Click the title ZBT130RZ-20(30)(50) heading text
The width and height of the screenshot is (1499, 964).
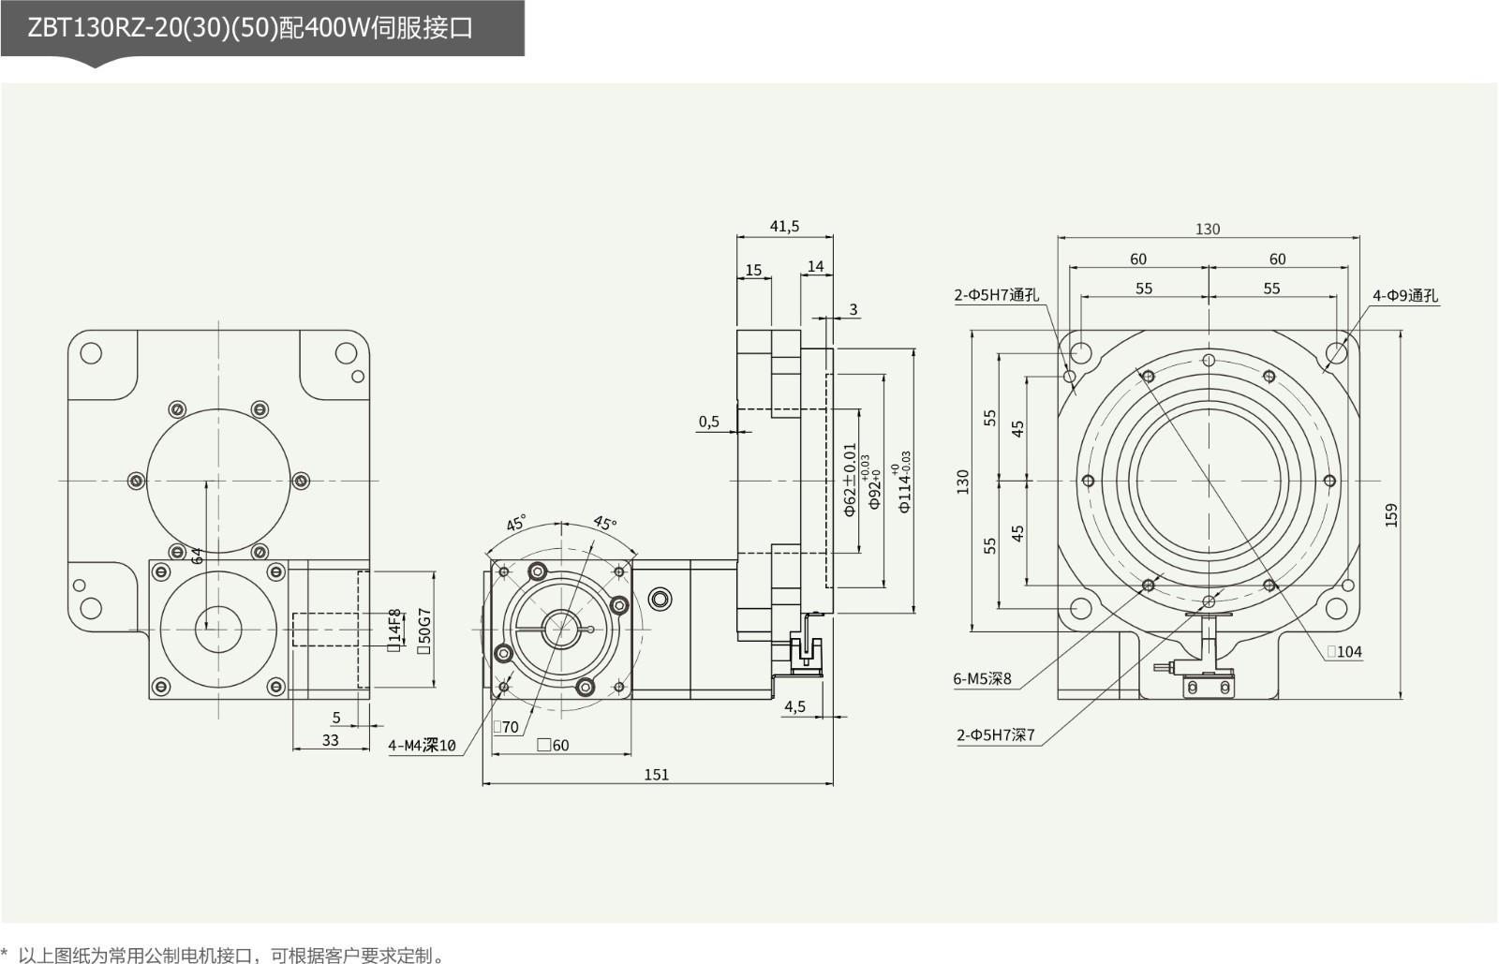[x=249, y=28]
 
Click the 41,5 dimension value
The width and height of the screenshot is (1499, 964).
[x=784, y=226]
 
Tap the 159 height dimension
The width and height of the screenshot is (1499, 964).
[x=1391, y=514]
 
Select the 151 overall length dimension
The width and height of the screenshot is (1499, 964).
[x=656, y=775]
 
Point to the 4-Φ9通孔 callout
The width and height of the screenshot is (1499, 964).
[x=1405, y=296]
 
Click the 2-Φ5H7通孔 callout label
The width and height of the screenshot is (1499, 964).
[x=996, y=295]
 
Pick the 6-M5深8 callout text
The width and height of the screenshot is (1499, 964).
[x=982, y=678]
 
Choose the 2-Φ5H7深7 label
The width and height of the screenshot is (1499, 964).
[x=995, y=735]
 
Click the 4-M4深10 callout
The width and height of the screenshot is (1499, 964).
[x=422, y=746]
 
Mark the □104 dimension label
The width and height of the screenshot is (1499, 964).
[x=1344, y=652]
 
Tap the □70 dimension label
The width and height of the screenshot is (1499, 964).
[x=507, y=727]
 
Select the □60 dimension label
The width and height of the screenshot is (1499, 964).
[x=553, y=746]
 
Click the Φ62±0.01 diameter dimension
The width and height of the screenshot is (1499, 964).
[x=850, y=479]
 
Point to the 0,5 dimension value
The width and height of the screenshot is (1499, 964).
[x=708, y=422]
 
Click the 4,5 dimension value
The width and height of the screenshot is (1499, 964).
[x=794, y=706]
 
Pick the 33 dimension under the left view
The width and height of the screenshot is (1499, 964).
[x=330, y=740]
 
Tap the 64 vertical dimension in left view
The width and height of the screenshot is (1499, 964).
[x=197, y=556]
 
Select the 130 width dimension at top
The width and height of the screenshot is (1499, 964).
[x=1208, y=229]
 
